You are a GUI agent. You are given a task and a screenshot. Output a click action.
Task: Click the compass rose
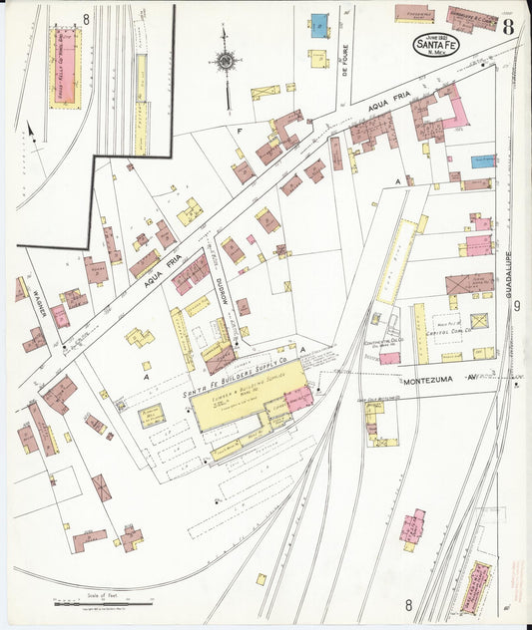coord(225,62)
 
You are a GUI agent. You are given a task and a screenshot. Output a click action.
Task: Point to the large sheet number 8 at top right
coord(509,26)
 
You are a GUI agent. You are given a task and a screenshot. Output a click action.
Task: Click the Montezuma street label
coord(429,380)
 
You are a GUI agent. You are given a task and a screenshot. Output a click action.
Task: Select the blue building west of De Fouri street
coord(318,26)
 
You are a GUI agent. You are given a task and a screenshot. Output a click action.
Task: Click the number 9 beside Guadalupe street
coord(517,306)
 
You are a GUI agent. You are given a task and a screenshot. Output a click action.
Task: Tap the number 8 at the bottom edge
coord(407,604)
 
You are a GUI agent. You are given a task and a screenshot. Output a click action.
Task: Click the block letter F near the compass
coord(240,132)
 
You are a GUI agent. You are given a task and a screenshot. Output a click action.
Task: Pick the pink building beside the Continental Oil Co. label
coord(389,358)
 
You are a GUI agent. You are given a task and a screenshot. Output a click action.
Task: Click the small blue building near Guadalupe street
coord(483,159)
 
